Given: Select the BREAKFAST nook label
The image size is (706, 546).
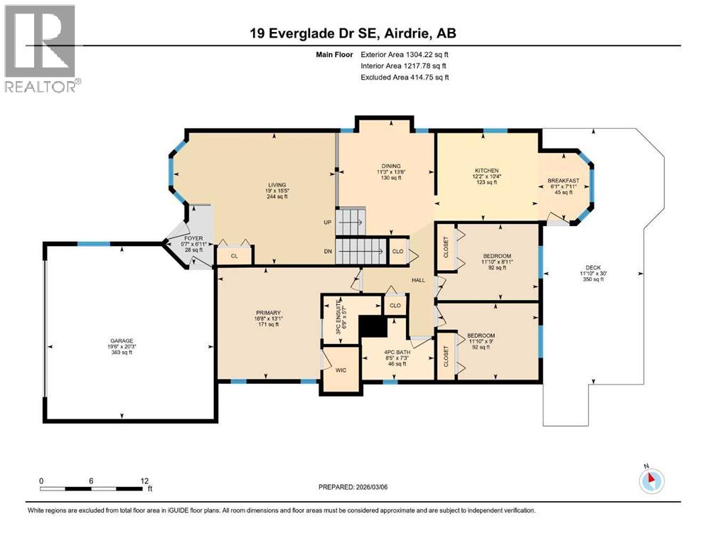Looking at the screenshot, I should coord(563,181).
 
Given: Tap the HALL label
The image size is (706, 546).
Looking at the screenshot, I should coord(419,280).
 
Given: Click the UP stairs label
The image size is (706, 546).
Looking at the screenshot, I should coord(328,222).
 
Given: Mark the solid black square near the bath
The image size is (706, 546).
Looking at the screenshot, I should coord(372,326).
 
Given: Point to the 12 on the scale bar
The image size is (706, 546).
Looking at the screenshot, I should coord(144,481).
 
